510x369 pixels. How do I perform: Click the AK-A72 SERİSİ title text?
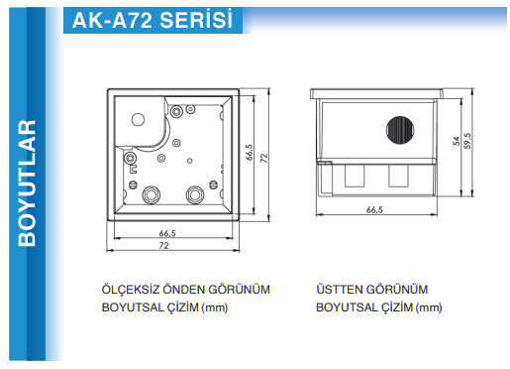pyautogui.click(x=153, y=20)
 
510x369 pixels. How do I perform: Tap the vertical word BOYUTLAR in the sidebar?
pyautogui.click(x=27, y=184)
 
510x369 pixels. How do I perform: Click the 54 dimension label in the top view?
pyautogui.click(x=457, y=141)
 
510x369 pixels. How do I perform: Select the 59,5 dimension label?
pyautogui.click(x=467, y=141)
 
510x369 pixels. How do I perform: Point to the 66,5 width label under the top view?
pyautogui.click(x=374, y=209)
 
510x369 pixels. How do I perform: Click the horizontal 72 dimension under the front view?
pyautogui.click(x=164, y=246)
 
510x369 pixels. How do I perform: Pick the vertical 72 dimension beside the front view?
pyautogui.click(x=264, y=158)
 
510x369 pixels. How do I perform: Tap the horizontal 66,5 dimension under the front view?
pyautogui.click(x=167, y=233)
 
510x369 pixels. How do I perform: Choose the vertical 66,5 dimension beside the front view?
pyautogui.click(x=250, y=152)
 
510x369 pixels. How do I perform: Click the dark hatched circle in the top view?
pyautogui.click(x=400, y=130)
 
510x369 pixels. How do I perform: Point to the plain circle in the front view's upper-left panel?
pyautogui.click(x=138, y=119)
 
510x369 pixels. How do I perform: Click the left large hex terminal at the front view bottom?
pyautogui.click(x=152, y=194)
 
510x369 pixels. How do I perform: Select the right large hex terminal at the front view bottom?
pyautogui.click(x=195, y=194)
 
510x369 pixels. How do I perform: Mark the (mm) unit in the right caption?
pyautogui.click(x=429, y=307)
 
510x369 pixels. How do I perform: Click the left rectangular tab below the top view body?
pyautogui.click(x=355, y=176)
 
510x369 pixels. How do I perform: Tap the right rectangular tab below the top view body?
pyautogui.click(x=398, y=176)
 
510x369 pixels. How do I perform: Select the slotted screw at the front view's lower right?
pyautogui.click(x=214, y=184)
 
